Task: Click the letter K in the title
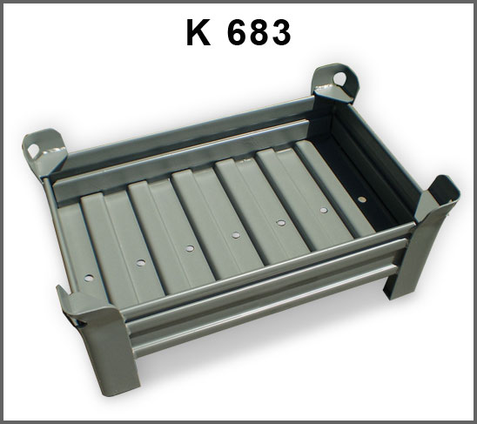198,32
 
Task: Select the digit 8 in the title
259,32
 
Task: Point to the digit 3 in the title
280,32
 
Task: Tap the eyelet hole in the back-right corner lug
339,78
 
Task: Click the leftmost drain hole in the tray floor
89,278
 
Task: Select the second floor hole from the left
141,263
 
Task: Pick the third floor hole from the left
190,248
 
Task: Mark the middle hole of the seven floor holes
236,235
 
